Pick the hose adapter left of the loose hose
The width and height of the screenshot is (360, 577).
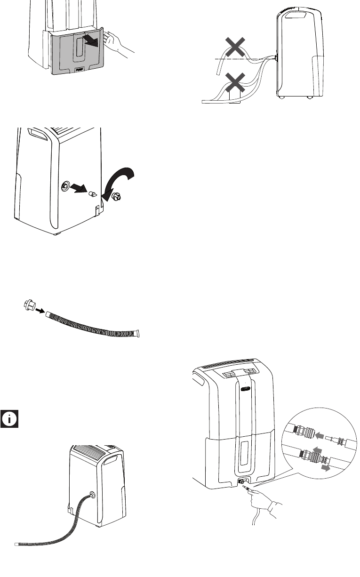(x=29, y=305)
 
